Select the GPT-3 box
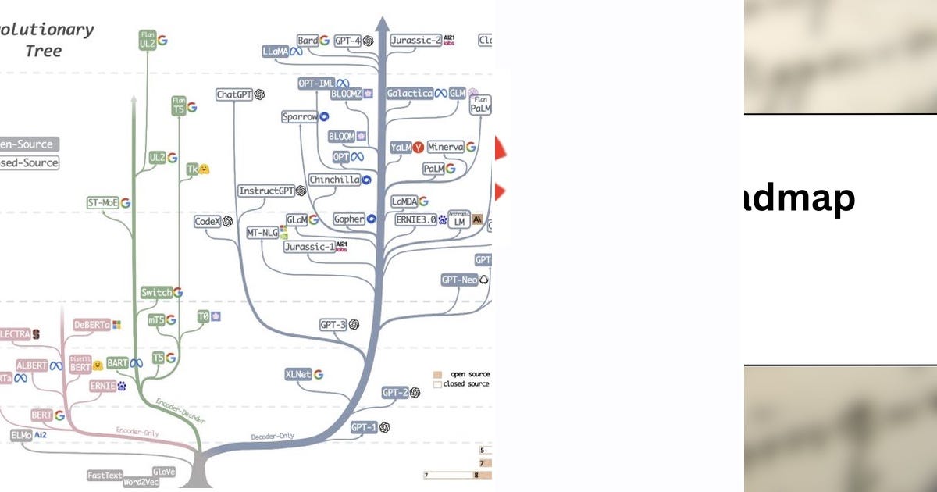[x=333, y=324]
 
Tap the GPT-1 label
[x=363, y=427]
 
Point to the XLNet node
[x=298, y=374]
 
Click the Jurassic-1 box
[x=308, y=247]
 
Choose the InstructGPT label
[x=265, y=191]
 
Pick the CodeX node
[x=208, y=222]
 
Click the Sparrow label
[x=300, y=117]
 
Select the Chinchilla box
[x=333, y=180]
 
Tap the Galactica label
[x=410, y=93]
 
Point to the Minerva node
[x=445, y=147]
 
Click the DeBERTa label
[x=92, y=324]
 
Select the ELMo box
[x=21, y=435]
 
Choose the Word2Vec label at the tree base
[x=141, y=482]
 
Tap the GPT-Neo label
[x=459, y=279]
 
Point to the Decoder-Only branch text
[x=273, y=436]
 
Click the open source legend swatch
[x=438, y=374]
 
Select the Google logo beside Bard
[x=323, y=40]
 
